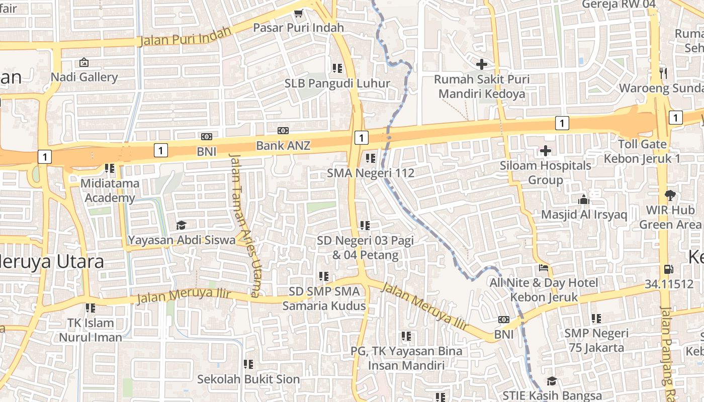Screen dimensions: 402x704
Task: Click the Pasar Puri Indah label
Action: click(x=298, y=28)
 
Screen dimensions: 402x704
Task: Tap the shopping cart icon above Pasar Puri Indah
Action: click(x=298, y=14)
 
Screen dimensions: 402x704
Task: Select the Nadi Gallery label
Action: click(x=84, y=77)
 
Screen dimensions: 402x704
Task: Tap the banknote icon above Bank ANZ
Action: click(x=283, y=131)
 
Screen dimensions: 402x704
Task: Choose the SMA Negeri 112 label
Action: click(x=371, y=173)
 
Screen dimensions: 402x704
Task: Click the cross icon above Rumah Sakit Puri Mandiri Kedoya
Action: click(x=482, y=64)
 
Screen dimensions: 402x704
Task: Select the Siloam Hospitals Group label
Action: click(x=546, y=172)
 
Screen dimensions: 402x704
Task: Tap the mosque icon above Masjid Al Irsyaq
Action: click(x=583, y=199)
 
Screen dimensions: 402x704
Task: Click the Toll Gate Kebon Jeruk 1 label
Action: click(x=642, y=151)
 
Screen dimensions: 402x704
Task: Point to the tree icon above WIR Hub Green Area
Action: click(x=670, y=195)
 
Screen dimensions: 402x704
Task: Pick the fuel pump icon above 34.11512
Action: click(x=668, y=269)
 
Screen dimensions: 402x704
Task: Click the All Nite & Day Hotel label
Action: click(x=545, y=289)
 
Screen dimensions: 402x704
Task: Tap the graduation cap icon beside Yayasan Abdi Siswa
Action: click(x=181, y=225)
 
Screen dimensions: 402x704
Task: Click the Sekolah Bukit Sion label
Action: click(x=248, y=379)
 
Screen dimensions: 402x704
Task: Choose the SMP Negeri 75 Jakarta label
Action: click(x=596, y=340)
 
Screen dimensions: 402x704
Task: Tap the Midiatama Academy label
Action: click(x=110, y=190)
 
